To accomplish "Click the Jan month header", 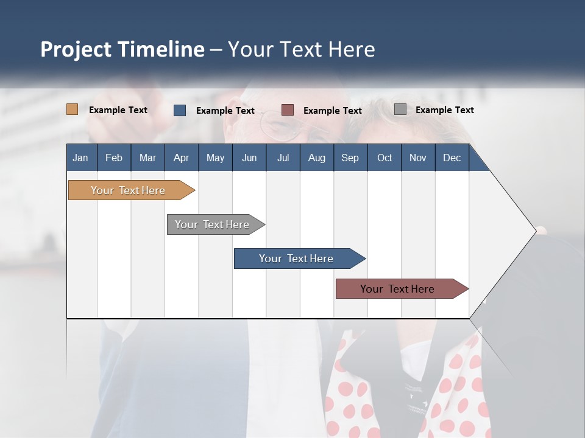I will tap(80, 158).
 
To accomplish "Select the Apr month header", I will tap(181, 158).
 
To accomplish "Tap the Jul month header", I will tap(283, 158).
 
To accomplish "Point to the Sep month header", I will tap(350, 158).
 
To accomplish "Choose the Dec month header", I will tap(452, 158).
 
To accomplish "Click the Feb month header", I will tap(114, 158).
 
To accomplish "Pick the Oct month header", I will tap(385, 158).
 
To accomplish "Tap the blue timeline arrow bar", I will tap(297, 259).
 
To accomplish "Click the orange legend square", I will tap(73, 109).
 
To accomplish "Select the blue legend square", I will tap(180, 110).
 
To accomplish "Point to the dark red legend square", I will tap(288, 110).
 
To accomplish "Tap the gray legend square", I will tap(400, 109).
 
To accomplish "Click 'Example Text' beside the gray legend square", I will tap(444, 110).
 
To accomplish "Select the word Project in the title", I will tap(75, 49).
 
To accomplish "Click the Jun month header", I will tap(249, 158).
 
